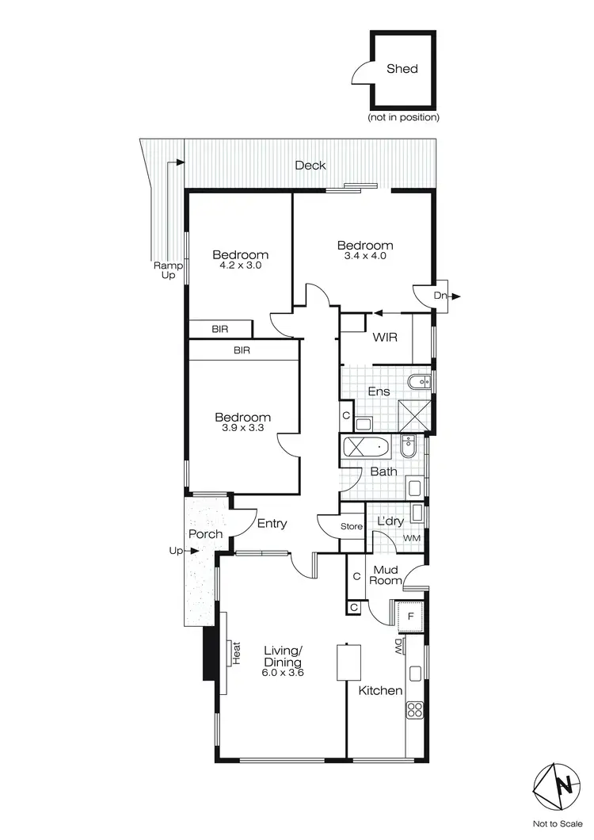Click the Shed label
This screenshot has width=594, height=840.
402,68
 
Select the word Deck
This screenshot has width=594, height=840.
310,166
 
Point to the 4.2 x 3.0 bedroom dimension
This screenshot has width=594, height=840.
240,266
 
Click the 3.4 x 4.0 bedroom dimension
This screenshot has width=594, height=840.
364,256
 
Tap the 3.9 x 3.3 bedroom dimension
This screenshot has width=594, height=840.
243,428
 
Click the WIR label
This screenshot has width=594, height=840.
384,338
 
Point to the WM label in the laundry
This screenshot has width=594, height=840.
411,539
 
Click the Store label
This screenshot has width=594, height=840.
352,527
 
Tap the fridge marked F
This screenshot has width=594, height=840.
409,615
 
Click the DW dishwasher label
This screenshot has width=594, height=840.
398,647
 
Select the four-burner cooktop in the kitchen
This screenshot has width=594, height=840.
415,711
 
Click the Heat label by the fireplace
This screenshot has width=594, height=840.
235,652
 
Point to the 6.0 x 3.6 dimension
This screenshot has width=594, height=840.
284,672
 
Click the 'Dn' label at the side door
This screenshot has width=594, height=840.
440,296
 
